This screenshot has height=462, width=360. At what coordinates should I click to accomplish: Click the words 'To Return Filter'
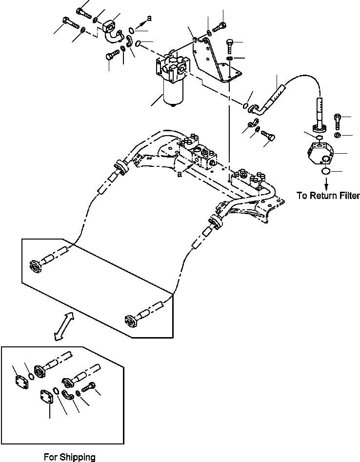click(328, 196)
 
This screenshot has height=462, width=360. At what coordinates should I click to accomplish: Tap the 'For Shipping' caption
click(69, 457)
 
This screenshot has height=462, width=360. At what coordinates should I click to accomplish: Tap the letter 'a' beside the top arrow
click(149, 18)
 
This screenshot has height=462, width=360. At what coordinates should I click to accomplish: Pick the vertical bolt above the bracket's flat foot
click(230, 47)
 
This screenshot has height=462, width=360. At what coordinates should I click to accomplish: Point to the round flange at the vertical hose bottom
click(320, 127)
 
